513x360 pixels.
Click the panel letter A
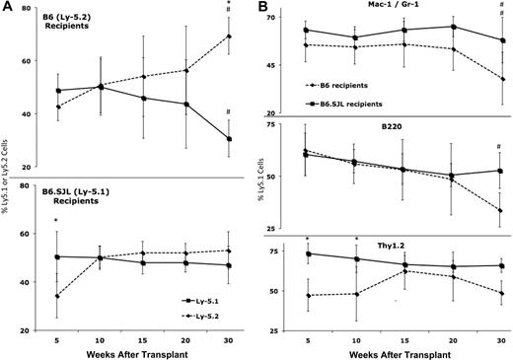pos(7,8)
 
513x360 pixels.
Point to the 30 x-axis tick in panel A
pos(229,332)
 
